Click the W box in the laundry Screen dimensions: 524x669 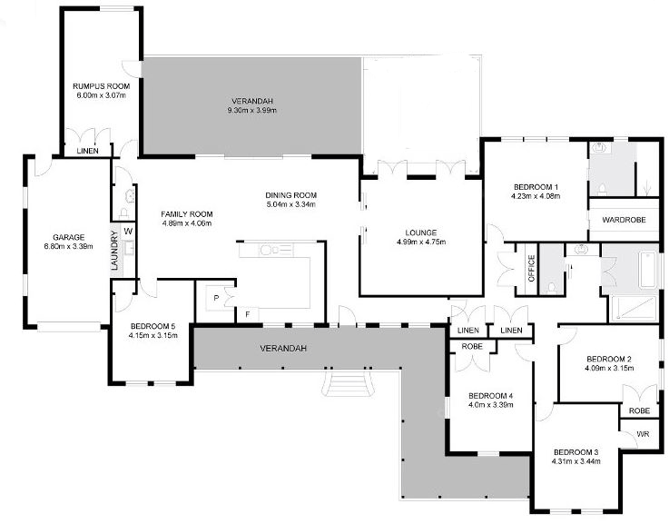(128, 232)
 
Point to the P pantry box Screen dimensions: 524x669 (217, 297)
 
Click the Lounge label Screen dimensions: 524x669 (420, 232)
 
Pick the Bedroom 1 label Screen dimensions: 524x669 (534, 186)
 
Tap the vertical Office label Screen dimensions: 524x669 (532, 269)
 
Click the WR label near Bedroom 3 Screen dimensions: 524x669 (643, 435)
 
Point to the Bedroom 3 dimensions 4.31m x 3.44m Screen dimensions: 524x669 (577, 461)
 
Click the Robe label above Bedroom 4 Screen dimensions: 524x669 (469, 346)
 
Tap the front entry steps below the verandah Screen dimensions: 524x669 (346, 387)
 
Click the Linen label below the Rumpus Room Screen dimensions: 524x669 (88, 151)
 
